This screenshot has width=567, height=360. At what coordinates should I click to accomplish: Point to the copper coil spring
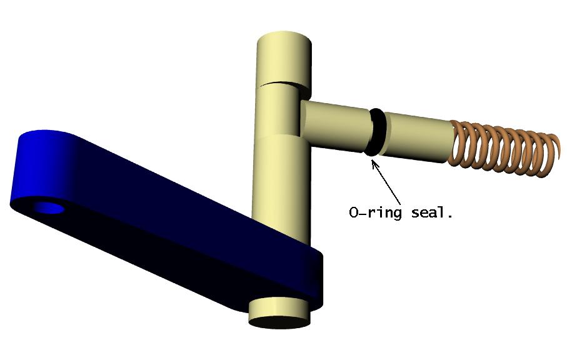click(x=505, y=149)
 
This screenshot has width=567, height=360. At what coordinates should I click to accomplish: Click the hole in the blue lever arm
click(x=49, y=208)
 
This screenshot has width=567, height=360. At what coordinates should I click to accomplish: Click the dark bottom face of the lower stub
click(x=279, y=322)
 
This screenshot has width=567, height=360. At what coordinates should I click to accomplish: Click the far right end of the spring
click(x=559, y=148)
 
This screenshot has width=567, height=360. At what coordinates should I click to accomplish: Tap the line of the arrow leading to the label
click(x=386, y=184)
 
